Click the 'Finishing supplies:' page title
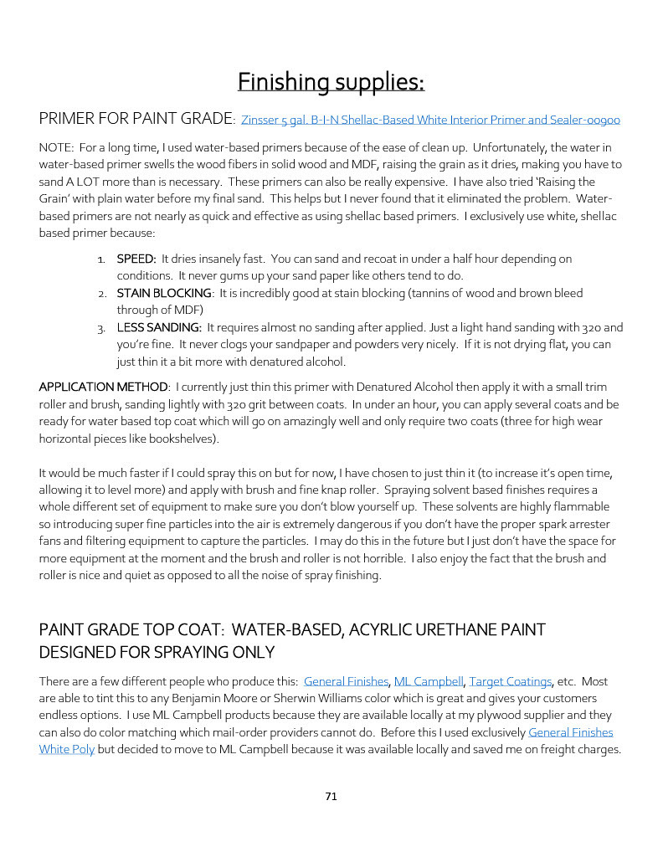331,82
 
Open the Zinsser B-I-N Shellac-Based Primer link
430,121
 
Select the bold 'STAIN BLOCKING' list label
164,293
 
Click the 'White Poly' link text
67,749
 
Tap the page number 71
331,796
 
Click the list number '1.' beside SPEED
102,259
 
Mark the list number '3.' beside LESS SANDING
101,327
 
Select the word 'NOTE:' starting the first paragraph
56,147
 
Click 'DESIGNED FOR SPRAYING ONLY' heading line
157,651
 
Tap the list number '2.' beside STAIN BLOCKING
101,293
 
